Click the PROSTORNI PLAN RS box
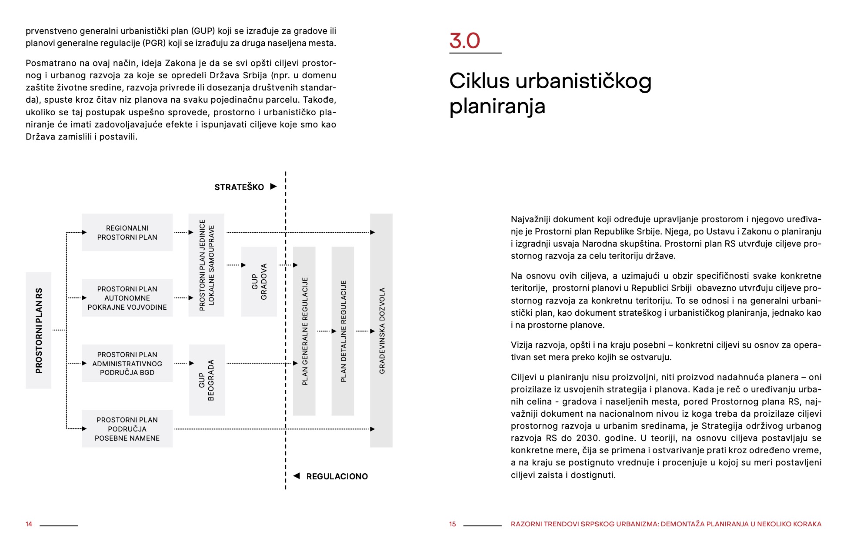(38, 330)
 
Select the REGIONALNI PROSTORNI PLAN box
(127, 232)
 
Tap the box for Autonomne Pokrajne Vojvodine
(127, 298)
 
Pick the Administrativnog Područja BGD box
(127, 363)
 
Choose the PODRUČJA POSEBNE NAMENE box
(127, 428)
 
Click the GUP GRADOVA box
(259, 281)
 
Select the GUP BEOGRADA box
(207, 380)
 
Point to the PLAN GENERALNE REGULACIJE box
(304, 331)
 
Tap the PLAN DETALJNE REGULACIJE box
(343, 331)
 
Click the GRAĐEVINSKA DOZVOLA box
(381, 330)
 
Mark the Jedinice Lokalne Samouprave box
(207, 265)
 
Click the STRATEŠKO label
(239, 187)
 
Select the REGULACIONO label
(337, 476)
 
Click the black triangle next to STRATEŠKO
(273, 187)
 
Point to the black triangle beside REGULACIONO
(297, 476)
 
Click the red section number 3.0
(464, 41)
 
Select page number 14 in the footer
(29, 524)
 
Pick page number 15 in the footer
(453, 524)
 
